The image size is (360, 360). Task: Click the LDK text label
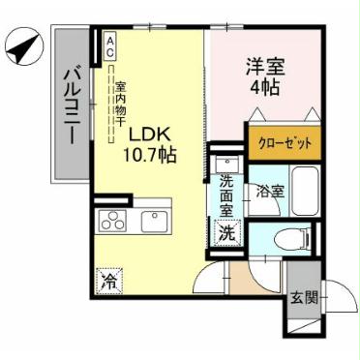(151, 134)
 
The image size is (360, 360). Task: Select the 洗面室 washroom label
(225, 195)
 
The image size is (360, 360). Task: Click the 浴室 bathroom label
(270, 191)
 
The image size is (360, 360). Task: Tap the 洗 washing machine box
(225, 232)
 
